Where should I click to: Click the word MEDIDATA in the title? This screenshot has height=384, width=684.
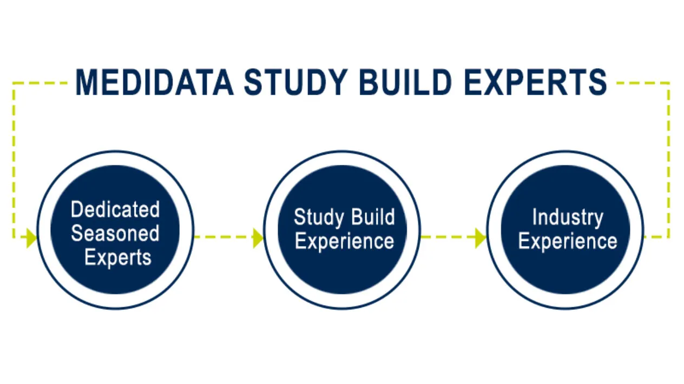154,82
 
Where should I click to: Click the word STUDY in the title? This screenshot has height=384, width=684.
296,82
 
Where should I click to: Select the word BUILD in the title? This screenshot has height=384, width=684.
405,82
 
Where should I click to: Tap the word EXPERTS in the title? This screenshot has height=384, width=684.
535,82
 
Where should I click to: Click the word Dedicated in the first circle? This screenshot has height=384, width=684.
115,209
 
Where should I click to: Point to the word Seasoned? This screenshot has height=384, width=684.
115,233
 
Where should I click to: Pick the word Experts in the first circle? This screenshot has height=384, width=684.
118,257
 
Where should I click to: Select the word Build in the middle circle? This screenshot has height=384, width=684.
373,217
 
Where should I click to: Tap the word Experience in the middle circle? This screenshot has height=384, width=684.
345,242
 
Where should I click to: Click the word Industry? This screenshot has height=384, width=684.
568,218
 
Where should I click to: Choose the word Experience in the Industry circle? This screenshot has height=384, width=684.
568,242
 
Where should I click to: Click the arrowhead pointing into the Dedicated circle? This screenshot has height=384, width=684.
31,238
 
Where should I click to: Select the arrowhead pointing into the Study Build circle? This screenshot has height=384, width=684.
258,238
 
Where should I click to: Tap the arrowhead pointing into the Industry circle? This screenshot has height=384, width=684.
481,238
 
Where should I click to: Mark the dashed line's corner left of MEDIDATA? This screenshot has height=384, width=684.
14,83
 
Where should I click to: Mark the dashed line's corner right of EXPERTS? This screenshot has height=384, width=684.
668,83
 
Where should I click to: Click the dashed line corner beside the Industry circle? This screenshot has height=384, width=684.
668,237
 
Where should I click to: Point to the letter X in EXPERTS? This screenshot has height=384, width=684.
494,82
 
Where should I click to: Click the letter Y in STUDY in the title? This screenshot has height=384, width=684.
337,82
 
